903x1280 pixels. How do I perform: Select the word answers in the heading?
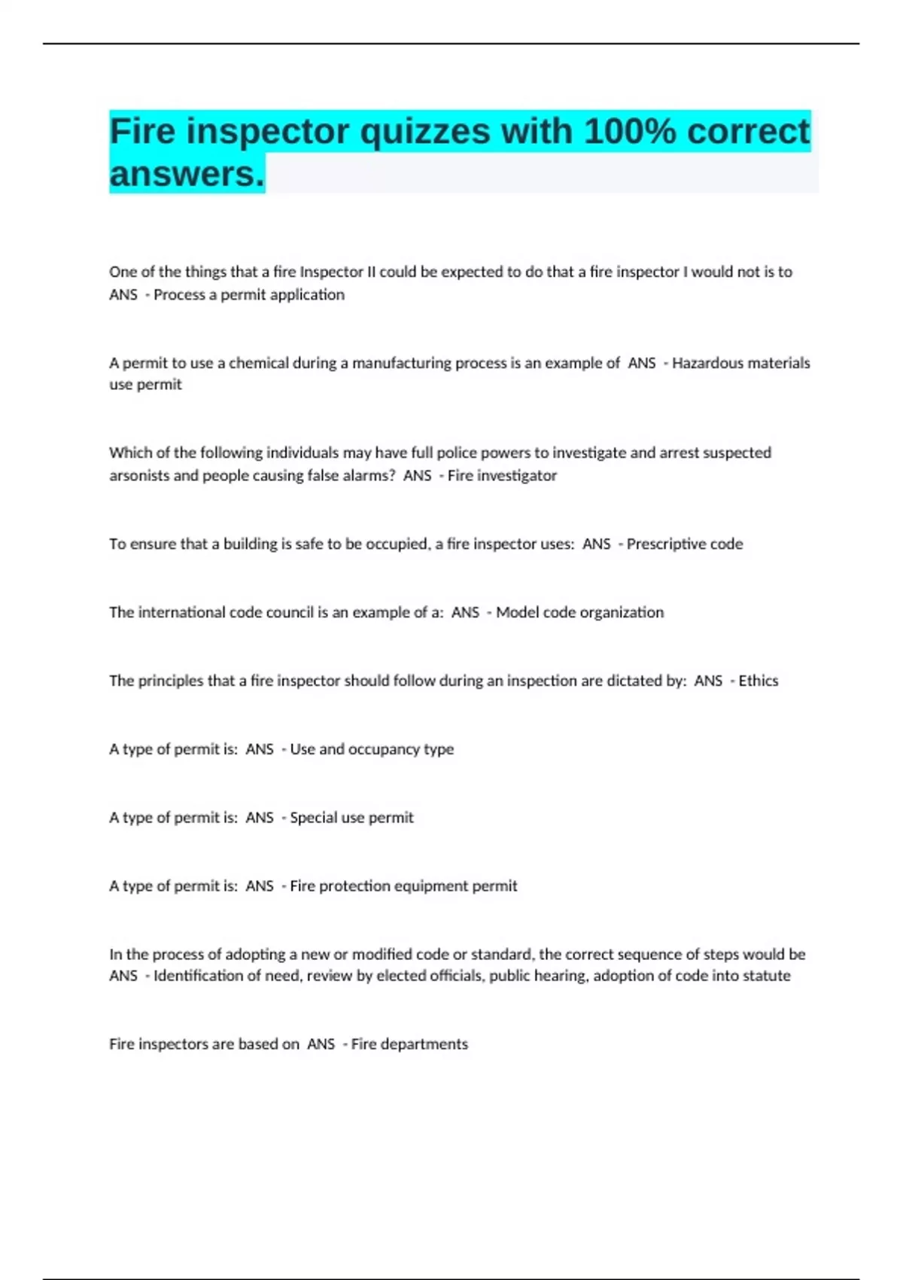[x=187, y=175]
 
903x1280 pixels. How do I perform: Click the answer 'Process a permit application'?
[x=249, y=294]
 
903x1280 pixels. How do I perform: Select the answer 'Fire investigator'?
[x=502, y=475]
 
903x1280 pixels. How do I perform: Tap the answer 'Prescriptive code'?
[x=684, y=544]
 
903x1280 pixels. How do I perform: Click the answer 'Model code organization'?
[x=579, y=612]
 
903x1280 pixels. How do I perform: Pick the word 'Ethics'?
[x=758, y=681]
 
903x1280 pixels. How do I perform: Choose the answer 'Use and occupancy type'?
[x=372, y=749]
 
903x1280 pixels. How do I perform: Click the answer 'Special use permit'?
[x=351, y=818]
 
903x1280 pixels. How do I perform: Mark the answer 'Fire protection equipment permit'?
[x=403, y=886]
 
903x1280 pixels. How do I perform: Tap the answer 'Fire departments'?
[x=409, y=1044]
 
